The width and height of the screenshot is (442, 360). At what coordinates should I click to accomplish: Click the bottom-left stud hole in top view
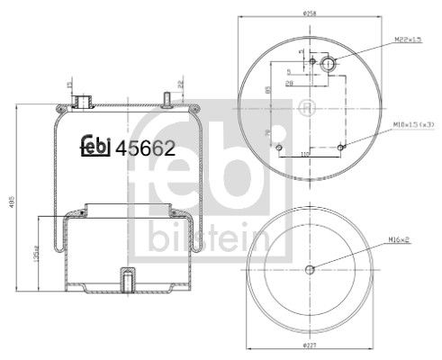click(280, 146)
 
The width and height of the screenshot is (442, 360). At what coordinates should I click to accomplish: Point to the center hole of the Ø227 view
click(310, 269)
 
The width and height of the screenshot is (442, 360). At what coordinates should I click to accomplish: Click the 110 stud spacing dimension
click(305, 154)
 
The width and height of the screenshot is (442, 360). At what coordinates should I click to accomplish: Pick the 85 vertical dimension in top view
click(267, 89)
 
